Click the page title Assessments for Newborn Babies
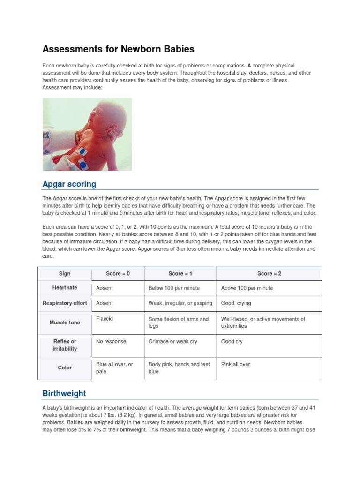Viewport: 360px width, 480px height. pos(118,49)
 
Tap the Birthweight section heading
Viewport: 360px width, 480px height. pos(64,393)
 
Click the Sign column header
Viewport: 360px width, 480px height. pos(64,273)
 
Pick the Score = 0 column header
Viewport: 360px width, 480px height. pos(118,273)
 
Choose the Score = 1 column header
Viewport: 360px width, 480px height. pos(180,273)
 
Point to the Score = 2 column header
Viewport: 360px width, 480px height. pos(269,273)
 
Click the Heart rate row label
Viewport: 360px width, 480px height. pos(65,288)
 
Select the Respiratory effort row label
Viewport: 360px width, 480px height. pos(65,303)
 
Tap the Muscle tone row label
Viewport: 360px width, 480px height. pos(65,322)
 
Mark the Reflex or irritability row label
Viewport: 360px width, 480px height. pos(65,345)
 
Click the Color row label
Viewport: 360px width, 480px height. pos(65,367)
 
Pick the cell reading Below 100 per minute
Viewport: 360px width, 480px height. pos(174,288)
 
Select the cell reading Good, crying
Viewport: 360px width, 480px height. pos(236,303)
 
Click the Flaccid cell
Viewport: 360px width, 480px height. pos(105,319)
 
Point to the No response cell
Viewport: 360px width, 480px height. pos(111,342)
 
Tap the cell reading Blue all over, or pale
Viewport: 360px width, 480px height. pos(114,368)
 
